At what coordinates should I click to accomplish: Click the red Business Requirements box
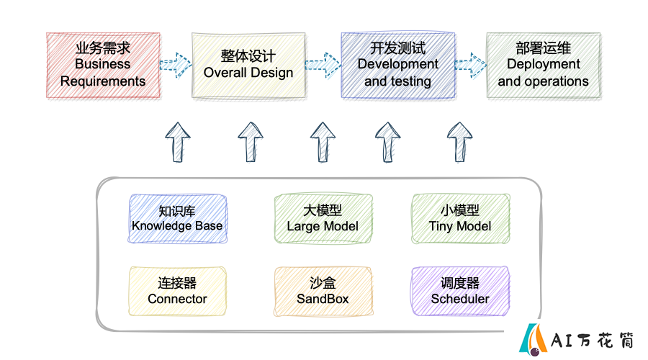point(103,66)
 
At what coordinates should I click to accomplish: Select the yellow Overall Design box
point(248,66)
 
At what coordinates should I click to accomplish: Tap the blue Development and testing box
point(398,66)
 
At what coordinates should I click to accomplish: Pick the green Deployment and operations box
point(544,66)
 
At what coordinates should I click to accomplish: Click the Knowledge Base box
point(178,219)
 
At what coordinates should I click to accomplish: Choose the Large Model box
point(323,219)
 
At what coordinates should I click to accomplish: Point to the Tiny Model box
point(460,219)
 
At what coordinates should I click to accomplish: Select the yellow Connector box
point(178,292)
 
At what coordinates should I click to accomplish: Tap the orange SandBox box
point(323,292)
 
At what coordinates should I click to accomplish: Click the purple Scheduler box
point(460,292)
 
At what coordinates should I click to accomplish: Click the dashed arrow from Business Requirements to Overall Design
point(176,65)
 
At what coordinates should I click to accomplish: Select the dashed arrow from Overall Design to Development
point(323,65)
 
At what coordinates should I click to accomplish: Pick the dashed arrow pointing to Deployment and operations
point(471,65)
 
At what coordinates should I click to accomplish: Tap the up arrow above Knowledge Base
point(178,142)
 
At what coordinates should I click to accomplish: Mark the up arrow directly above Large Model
point(323,142)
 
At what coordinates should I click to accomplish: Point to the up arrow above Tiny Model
point(460,142)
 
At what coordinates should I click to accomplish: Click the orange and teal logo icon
point(533,339)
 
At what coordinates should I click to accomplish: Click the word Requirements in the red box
point(103,81)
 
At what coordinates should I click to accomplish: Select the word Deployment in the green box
point(544,64)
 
